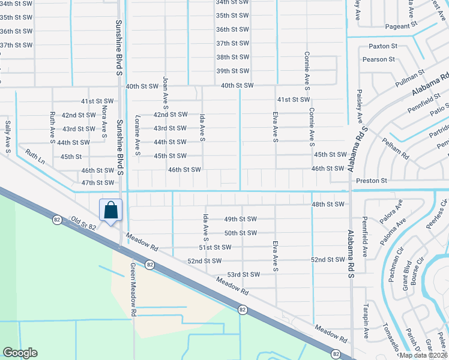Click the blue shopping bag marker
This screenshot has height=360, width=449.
click(111, 211)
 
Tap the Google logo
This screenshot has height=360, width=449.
click(20, 353)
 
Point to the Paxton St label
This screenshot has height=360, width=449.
click(383, 46)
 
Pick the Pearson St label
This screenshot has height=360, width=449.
click(378, 59)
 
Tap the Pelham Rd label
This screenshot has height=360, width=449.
click(395, 148)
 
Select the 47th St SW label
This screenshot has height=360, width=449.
click(97, 182)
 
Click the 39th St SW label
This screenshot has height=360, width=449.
click(232, 71)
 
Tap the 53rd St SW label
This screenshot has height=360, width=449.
click(243, 274)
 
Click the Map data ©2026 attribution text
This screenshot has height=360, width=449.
click(422, 355)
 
